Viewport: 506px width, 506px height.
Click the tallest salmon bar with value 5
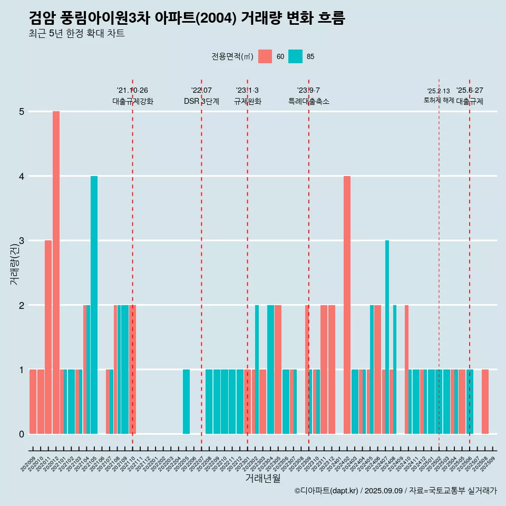coord(56,272)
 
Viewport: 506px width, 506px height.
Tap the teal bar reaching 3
coord(387,337)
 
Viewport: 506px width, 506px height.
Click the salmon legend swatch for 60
coord(265,56)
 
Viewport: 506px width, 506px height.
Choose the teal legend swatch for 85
coord(296,56)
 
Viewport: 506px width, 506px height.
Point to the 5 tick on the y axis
coord(22,112)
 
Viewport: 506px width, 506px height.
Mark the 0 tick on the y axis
coord(22,434)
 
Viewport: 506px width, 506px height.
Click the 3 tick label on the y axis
coord(22,241)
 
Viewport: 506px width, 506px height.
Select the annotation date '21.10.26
coord(132,91)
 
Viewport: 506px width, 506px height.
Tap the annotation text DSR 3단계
coord(201,102)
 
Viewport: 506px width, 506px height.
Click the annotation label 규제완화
coord(247,102)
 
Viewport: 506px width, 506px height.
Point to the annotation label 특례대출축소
coord(309,102)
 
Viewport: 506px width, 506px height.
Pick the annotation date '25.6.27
coord(470,91)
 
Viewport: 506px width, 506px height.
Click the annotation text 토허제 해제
coord(439,100)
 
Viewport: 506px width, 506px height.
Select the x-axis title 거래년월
coord(262,478)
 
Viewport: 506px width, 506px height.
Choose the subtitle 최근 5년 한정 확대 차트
coord(76,34)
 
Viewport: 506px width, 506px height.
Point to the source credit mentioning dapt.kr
coord(395,491)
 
